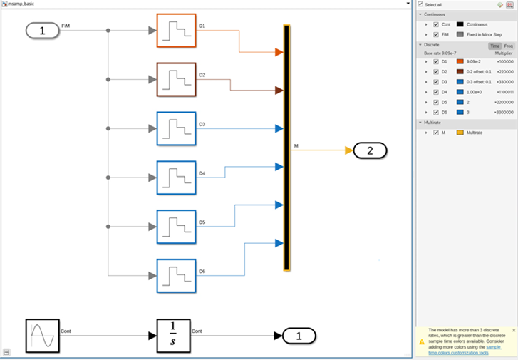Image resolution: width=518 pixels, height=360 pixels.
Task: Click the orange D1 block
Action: (x=175, y=30)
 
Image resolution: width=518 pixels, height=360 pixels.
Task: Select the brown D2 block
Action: (x=175, y=78)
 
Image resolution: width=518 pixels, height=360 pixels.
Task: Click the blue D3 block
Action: (x=175, y=128)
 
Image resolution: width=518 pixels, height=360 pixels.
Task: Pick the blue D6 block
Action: (x=175, y=275)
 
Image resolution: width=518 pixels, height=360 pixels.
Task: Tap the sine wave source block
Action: (x=42, y=336)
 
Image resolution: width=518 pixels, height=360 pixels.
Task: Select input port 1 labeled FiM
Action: (x=43, y=31)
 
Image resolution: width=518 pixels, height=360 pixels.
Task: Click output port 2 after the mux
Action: (x=370, y=150)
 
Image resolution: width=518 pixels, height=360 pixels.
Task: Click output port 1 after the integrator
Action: (x=299, y=336)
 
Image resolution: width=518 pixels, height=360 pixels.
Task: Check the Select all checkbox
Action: (x=421, y=4)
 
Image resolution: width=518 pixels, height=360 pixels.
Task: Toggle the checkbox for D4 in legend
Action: (x=436, y=91)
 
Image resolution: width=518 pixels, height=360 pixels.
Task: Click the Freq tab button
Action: (x=508, y=46)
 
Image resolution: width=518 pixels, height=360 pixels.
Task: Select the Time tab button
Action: (x=494, y=46)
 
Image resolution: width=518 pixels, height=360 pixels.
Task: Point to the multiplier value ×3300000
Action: (x=503, y=112)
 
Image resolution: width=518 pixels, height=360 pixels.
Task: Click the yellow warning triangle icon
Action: (x=421, y=341)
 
